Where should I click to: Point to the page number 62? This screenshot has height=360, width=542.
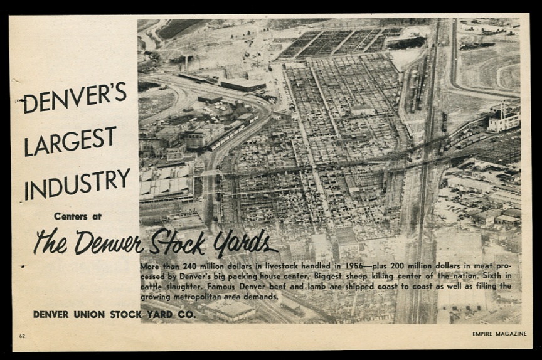click(22, 336)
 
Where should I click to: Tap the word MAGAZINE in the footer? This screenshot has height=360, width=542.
click(512, 334)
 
